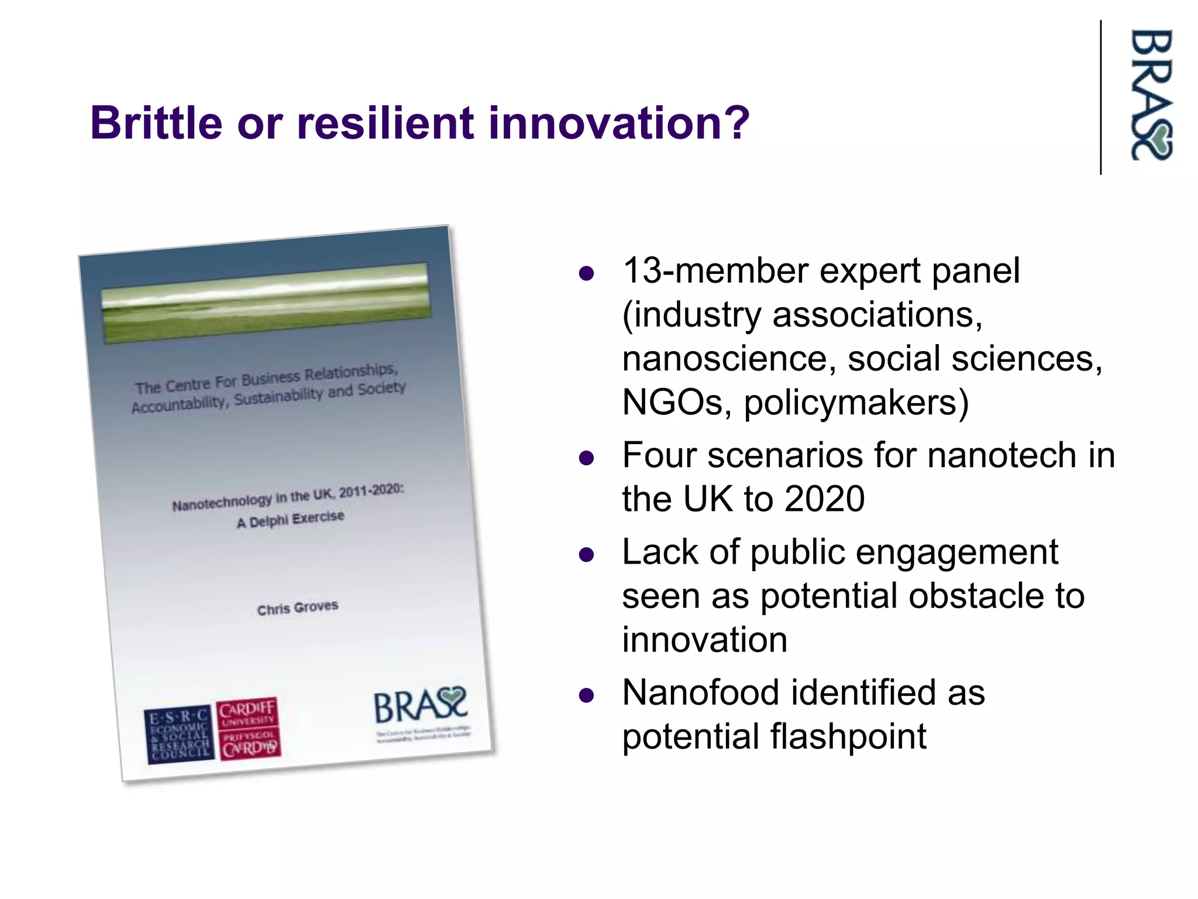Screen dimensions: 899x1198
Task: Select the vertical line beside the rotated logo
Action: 1101,97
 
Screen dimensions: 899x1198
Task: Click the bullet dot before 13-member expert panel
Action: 586,273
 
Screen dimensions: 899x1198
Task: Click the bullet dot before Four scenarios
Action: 586,458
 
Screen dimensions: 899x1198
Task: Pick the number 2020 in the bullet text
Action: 824,499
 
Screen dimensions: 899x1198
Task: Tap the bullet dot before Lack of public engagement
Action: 586,554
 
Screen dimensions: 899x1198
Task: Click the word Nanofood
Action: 701,692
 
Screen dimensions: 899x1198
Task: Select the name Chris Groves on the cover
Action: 298,608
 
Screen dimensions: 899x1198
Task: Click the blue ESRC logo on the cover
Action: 179,735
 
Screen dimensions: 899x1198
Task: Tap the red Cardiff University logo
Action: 248,729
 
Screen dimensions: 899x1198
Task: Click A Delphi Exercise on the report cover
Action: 291,519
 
